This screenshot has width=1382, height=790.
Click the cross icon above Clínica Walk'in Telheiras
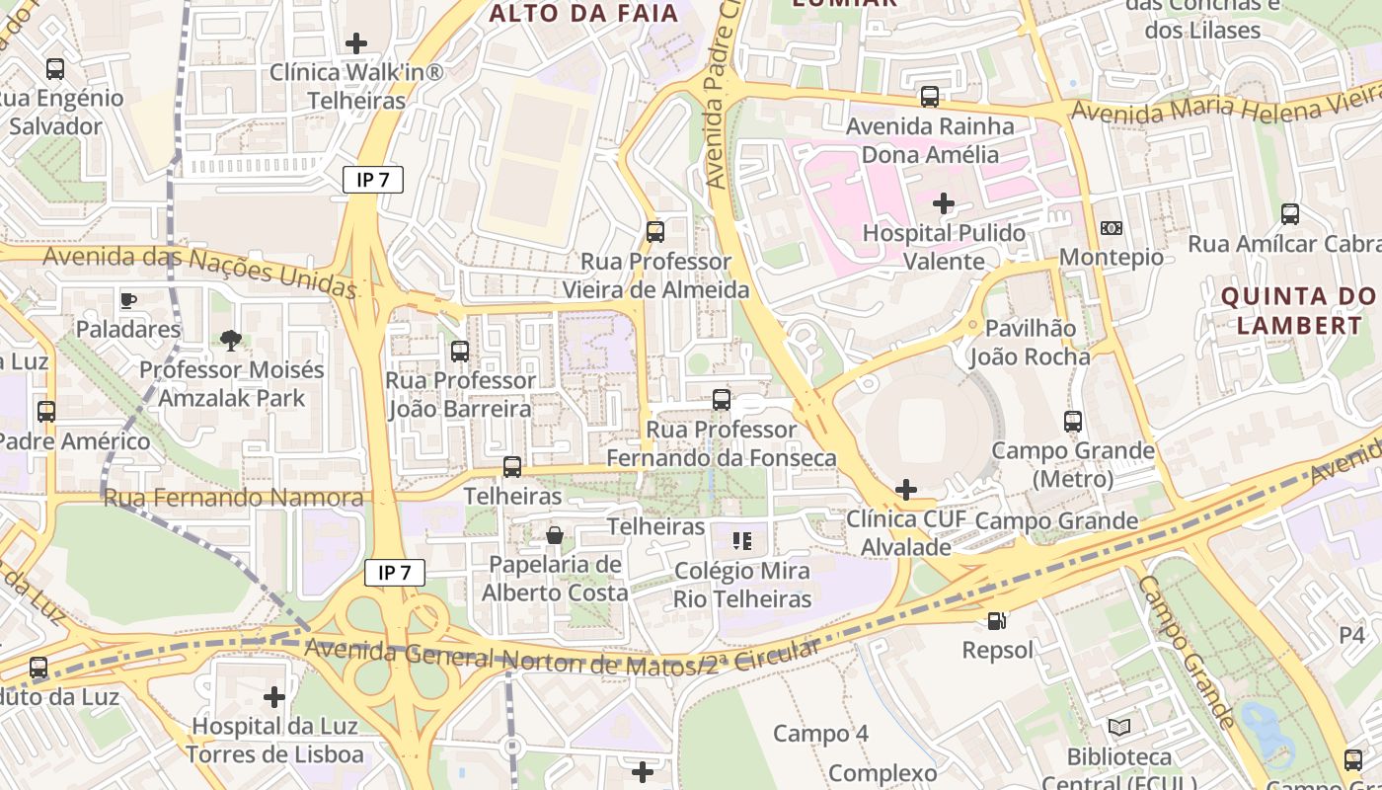click(x=356, y=43)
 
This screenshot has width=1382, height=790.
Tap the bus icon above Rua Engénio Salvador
click(x=55, y=69)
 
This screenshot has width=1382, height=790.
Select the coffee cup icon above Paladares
click(x=127, y=300)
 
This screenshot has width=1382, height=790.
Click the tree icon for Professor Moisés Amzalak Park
click(x=231, y=341)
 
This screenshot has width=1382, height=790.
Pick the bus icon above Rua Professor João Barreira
click(x=459, y=351)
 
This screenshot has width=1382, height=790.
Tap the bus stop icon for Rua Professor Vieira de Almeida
click(x=654, y=232)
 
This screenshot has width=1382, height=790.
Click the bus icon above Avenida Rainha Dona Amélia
click(x=929, y=97)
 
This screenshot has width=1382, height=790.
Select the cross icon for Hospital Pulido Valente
click(x=944, y=204)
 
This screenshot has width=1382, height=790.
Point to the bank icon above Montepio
click(x=1111, y=228)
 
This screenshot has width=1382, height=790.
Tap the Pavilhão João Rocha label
click(x=1030, y=343)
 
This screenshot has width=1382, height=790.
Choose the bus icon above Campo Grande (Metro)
click(x=1073, y=422)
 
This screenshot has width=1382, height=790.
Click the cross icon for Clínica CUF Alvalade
click(x=905, y=490)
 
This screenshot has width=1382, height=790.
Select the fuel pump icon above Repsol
click(x=997, y=621)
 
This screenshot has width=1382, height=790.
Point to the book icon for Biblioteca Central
click(x=1118, y=728)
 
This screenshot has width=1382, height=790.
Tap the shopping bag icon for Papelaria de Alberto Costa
click(x=555, y=535)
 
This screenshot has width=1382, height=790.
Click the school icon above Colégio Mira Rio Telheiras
click(x=742, y=541)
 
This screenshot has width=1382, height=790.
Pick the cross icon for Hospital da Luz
click(x=274, y=697)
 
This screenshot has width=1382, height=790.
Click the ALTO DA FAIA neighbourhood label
click(x=584, y=14)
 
